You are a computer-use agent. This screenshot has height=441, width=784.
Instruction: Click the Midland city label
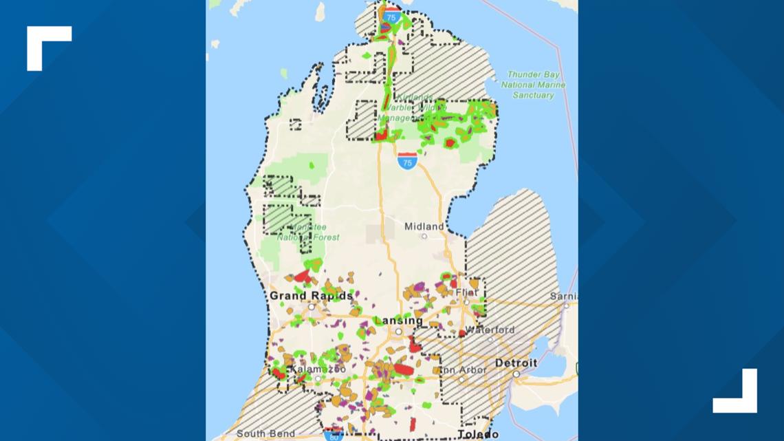(424, 226)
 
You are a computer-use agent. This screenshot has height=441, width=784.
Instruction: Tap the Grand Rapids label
(311, 296)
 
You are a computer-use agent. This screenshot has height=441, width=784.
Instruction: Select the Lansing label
(398, 321)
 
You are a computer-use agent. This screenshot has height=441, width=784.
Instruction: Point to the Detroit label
(516, 363)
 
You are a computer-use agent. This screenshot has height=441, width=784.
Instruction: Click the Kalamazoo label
(312, 369)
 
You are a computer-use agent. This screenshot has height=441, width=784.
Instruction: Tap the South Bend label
(265, 433)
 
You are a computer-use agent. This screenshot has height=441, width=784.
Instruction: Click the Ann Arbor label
(463, 370)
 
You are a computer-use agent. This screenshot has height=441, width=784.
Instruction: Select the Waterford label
(489, 330)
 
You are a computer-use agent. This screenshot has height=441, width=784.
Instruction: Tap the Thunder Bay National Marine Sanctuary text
(533, 85)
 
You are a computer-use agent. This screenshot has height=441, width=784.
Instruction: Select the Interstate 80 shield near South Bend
(334, 435)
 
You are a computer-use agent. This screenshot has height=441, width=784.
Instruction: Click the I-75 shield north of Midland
(407, 161)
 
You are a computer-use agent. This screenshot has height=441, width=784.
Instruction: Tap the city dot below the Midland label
(424, 237)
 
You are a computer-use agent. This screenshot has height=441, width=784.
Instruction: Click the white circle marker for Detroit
(516, 374)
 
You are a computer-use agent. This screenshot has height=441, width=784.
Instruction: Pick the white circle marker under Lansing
(398, 332)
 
